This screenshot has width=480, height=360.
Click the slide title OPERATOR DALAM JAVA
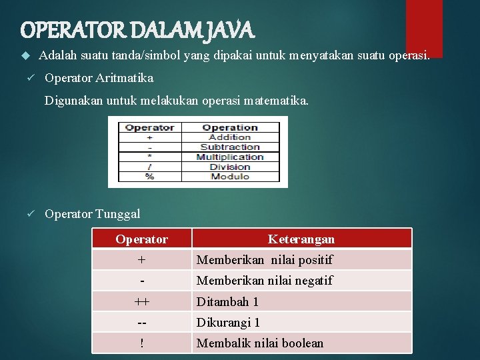(137, 30)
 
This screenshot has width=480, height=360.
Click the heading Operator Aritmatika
(99, 78)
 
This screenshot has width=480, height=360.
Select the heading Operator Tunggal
(92, 214)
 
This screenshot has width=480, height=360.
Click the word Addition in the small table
(230, 137)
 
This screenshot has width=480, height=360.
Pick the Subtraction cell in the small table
(230, 147)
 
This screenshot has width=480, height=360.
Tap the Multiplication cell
(230, 157)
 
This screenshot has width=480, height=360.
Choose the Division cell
(230, 167)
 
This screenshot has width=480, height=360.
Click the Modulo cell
(230, 177)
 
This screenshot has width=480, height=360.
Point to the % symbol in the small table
(149, 177)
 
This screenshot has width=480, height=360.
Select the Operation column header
(230, 127)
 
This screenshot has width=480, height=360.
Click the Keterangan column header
(301, 239)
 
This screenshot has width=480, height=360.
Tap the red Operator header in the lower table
(141, 239)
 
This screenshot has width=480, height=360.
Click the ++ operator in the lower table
(141, 302)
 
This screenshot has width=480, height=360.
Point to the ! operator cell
(141, 343)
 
